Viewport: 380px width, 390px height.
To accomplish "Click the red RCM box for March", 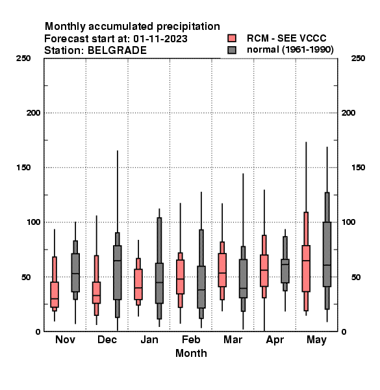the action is pyautogui.click(x=222, y=270).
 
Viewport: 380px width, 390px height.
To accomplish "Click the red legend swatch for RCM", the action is pyautogui.click(x=232, y=38).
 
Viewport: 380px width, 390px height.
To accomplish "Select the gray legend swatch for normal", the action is pyautogui.click(x=232, y=50).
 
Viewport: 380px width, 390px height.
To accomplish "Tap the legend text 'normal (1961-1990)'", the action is pyautogui.click(x=290, y=49).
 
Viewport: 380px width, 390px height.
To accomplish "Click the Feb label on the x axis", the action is pyautogui.click(x=191, y=339).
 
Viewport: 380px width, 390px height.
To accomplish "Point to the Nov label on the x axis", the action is pyautogui.click(x=65, y=339).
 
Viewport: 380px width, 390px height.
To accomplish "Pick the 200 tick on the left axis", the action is pyautogui.click(x=33, y=112).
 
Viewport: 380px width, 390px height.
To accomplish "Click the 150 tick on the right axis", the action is pyautogui.click(x=358, y=168).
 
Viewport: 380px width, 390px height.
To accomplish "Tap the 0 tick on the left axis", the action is pyautogui.click(x=38, y=331).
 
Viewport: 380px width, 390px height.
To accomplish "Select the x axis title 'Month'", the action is pyautogui.click(x=191, y=353).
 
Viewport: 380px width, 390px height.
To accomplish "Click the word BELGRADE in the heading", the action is pyautogui.click(x=118, y=51).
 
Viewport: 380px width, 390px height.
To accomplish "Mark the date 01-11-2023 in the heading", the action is pyautogui.click(x=160, y=39).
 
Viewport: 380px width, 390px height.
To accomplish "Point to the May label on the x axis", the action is pyautogui.click(x=316, y=340).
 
